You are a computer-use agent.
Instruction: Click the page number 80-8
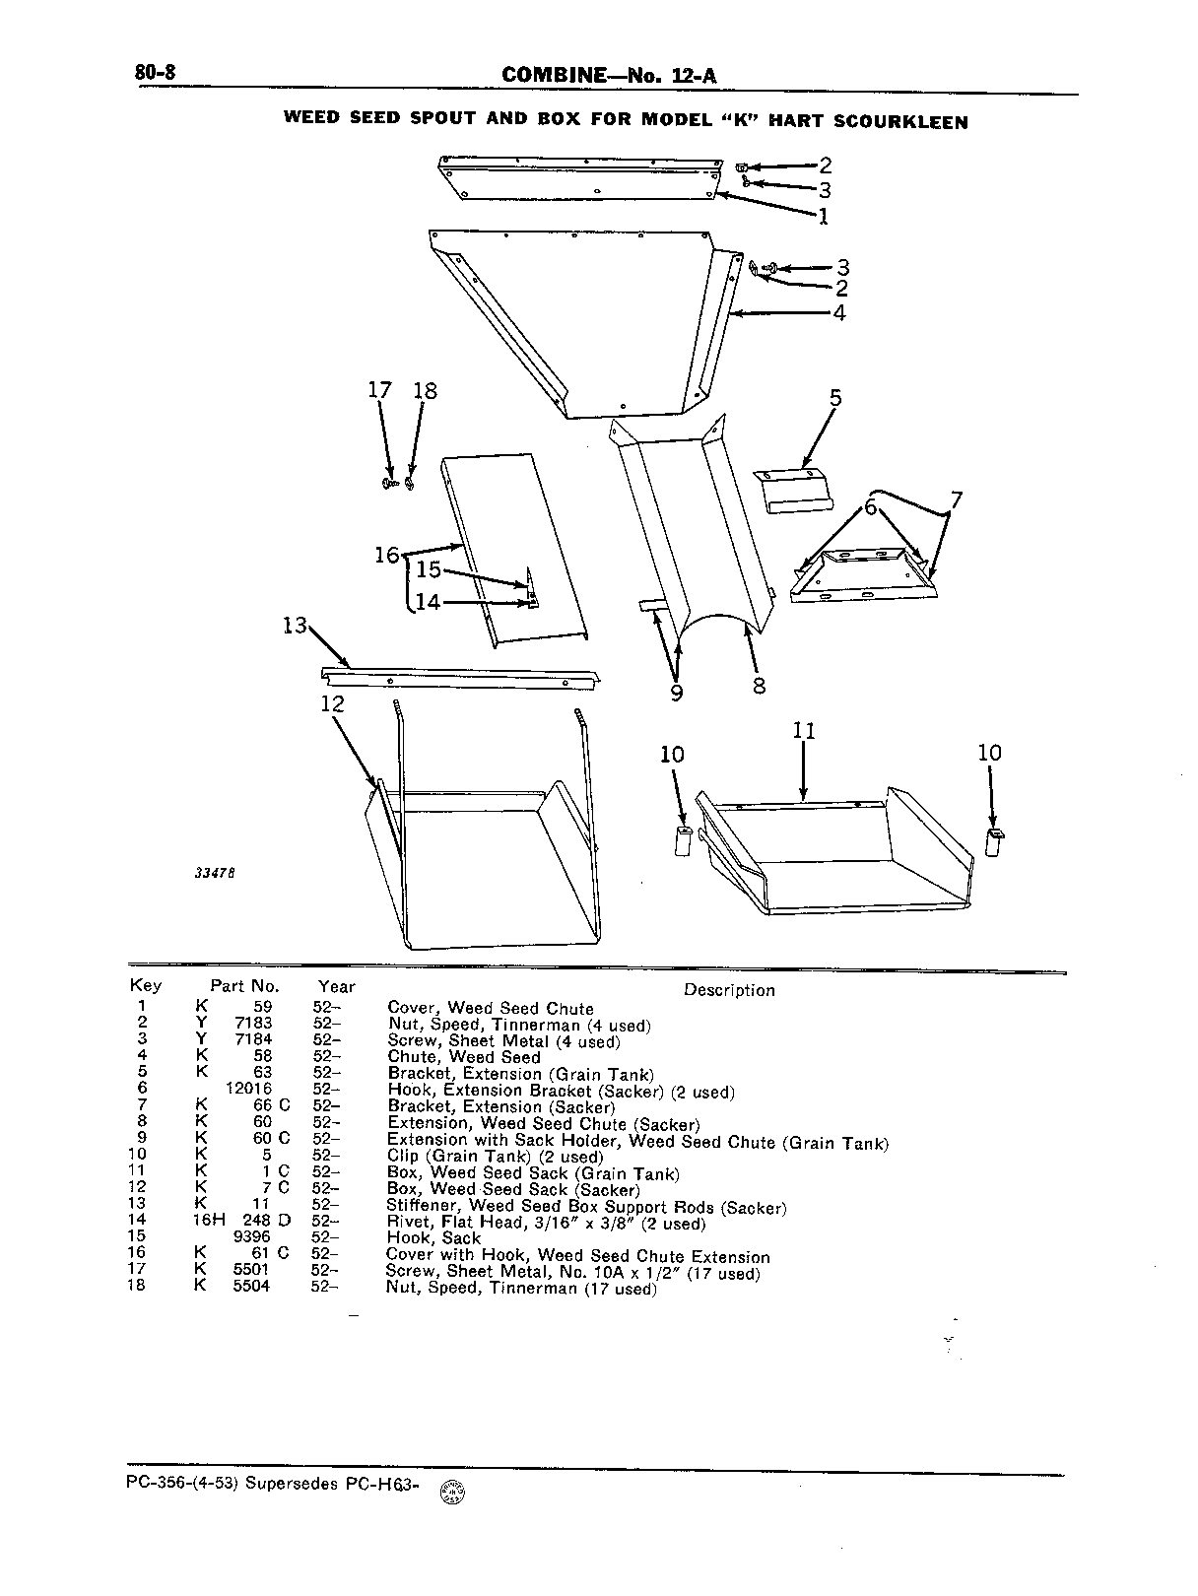155,73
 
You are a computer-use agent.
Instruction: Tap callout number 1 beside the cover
823,216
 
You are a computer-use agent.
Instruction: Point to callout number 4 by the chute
838,313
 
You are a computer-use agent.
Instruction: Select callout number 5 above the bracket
835,398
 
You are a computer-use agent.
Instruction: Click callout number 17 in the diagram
379,390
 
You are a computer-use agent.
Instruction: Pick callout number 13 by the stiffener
295,626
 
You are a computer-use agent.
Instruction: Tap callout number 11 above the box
804,730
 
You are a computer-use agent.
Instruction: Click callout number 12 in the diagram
333,703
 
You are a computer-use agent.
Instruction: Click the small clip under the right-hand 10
994,842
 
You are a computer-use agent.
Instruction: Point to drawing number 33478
215,873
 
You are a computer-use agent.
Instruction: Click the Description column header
729,990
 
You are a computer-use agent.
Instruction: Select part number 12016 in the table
248,1089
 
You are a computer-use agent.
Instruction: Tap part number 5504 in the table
251,1286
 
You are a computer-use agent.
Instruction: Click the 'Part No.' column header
245,987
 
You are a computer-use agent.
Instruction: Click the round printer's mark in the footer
453,1492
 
